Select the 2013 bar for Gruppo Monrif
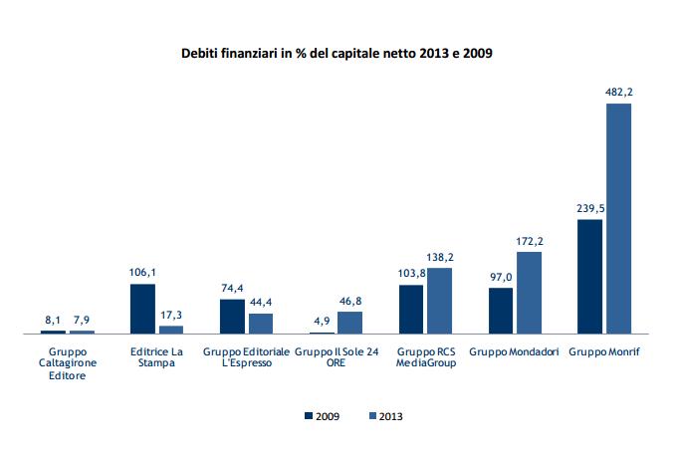pos(618,218)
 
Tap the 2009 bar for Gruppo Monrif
pos(589,276)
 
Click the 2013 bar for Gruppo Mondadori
pos(529,292)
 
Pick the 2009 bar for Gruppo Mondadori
pos(501,310)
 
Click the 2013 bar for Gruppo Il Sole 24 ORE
pos(350,322)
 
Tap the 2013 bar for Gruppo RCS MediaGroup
pos(439,300)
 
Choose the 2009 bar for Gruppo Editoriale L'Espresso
pos(232,316)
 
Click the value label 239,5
pos(589,210)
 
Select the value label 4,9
pos(322,321)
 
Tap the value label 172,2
pos(530,242)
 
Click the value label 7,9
pos(82,320)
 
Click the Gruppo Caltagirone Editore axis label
pos(67,362)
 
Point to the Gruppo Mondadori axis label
pos(514,350)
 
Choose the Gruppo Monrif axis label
pos(603,350)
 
